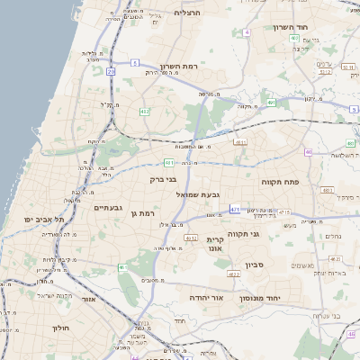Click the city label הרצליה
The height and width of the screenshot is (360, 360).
point(187,13)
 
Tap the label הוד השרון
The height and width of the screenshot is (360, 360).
point(293,27)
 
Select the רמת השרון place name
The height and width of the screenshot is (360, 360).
point(179,67)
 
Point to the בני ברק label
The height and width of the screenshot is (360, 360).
point(163,179)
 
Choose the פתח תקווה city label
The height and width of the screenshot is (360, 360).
point(280,182)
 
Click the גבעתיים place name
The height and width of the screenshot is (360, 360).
point(112,208)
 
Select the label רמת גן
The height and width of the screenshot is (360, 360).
point(144,213)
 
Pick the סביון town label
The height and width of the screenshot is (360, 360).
point(254,265)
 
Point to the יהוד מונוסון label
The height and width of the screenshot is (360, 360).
point(261,297)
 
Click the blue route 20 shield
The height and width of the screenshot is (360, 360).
point(112,70)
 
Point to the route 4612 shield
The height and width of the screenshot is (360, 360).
point(190,238)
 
